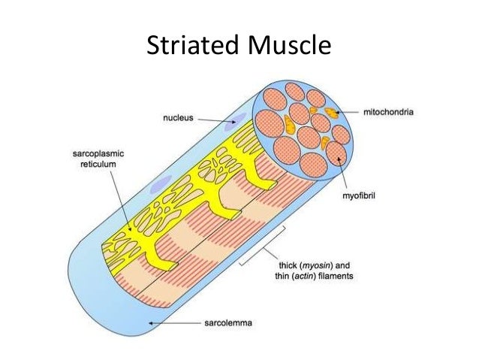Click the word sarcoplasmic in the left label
point(86,150)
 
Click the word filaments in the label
point(337,276)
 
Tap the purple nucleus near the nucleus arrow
point(239,117)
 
